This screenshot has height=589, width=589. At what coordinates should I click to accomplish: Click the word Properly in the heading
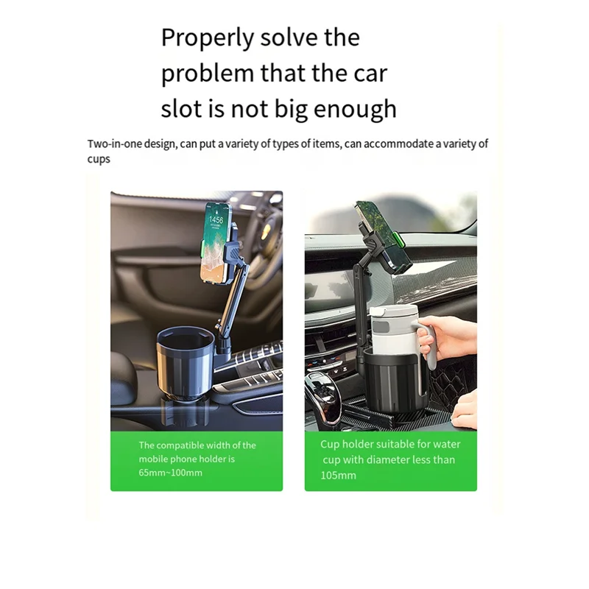208,38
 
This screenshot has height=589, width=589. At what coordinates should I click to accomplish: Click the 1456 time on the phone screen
216,220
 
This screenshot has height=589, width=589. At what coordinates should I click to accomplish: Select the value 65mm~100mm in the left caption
170,473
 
